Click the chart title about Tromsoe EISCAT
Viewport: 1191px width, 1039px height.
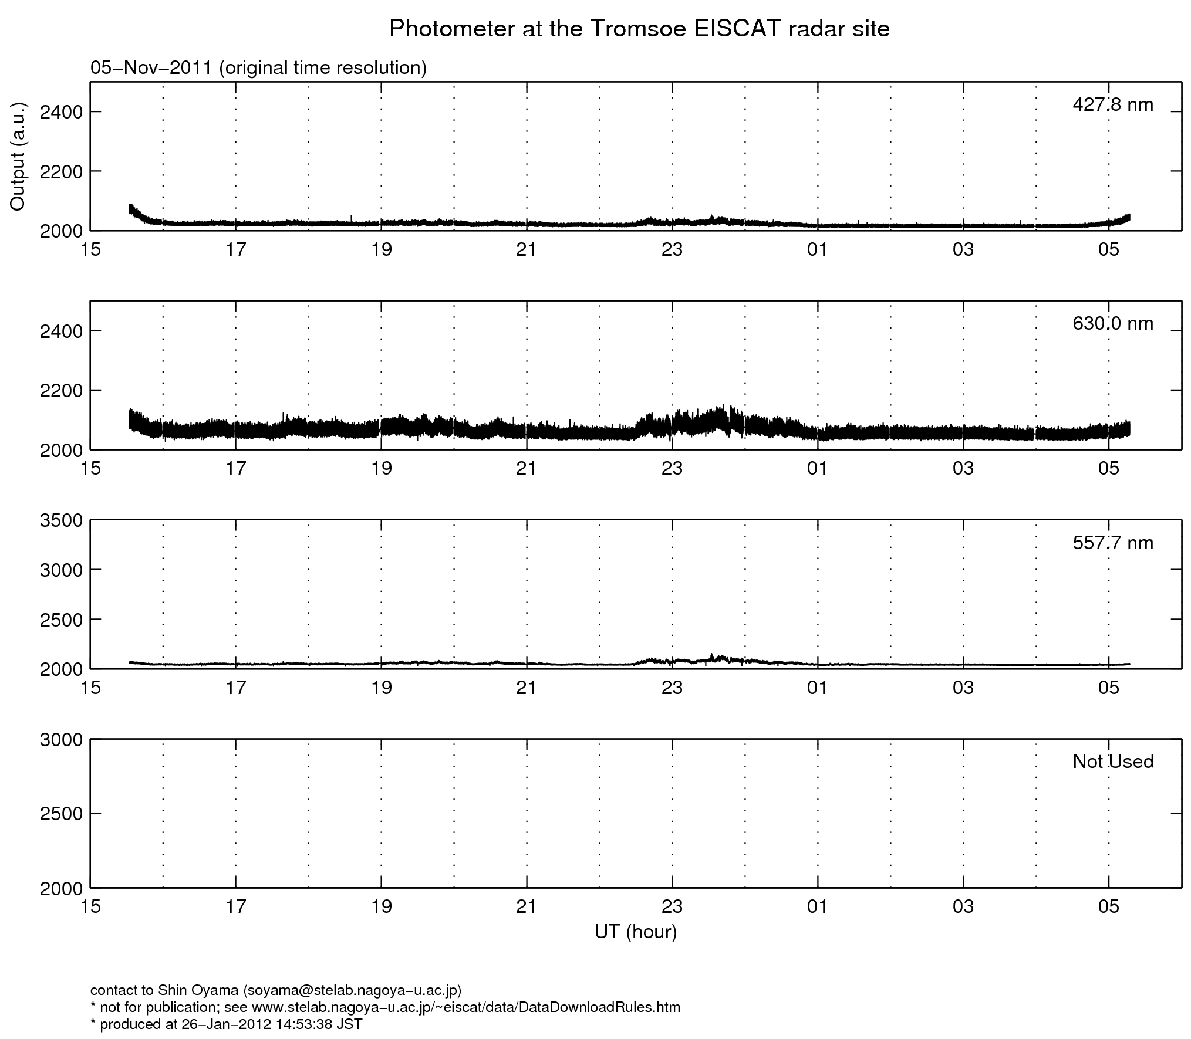pyautogui.click(x=639, y=29)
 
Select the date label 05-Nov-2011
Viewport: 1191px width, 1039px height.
pyautogui.click(x=151, y=68)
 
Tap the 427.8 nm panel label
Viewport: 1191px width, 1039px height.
pyautogui.click(x=1112, y=105)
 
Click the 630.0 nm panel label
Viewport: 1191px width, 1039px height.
pyautogui.click(x=1112, y=324)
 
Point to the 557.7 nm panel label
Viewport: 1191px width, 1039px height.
pyautogui.click(x=1112, y=543)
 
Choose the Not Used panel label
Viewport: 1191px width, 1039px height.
pyautogui.click(x=1112, y=762)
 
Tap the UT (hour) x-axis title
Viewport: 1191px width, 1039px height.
pyautogui.click(x=635, y=932)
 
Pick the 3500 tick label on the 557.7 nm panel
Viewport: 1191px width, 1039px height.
pyautogui.click(x=60, y=521)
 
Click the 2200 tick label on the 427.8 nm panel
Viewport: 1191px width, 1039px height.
pyautogui.click(x=60, y=171)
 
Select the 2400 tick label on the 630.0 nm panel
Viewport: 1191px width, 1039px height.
pyautogui.click(x=60, y=331)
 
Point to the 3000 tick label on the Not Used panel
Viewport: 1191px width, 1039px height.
pyautogui.click(x=60, y=740)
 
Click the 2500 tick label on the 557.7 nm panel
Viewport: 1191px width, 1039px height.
pyautogui.click(x=60, y=620)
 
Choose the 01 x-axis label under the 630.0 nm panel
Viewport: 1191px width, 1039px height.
pyautogui.click(x=817, y=469)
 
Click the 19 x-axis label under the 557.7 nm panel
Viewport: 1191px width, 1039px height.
pyautogui.click(x=381, y=688)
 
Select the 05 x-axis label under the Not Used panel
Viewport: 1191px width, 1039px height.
pyautogui.click(x=1108, y=906)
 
